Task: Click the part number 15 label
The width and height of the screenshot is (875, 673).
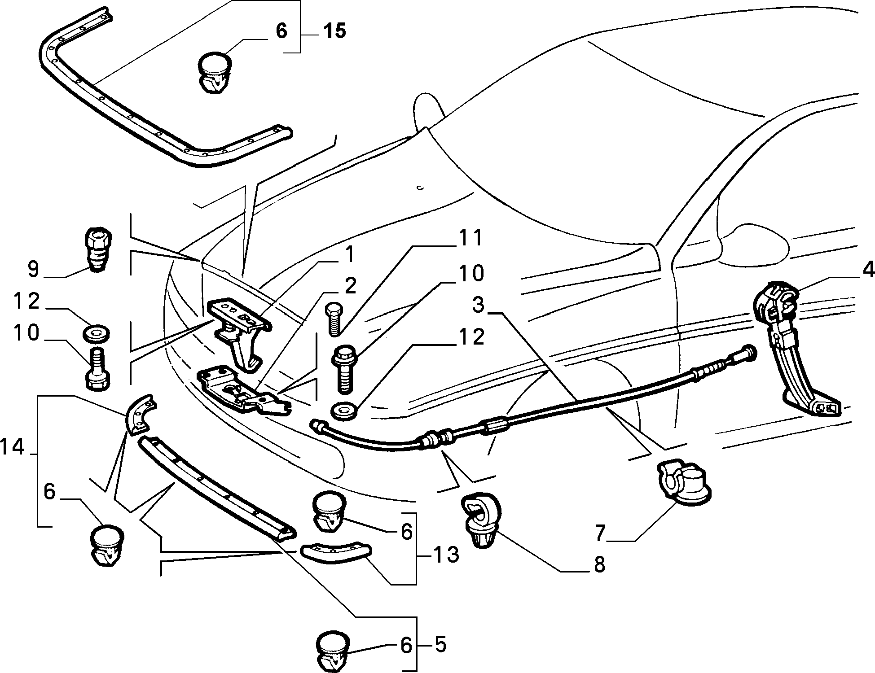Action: pos(334,31)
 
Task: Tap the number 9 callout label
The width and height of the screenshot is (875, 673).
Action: pos(34,269)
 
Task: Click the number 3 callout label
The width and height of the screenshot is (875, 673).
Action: pos(479,305)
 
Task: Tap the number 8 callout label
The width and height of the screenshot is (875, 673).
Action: pos(600,565)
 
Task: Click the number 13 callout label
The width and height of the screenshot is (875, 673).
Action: pos(446,555)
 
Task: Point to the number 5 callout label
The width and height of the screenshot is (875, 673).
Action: pos(440,645)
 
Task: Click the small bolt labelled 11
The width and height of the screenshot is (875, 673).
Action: pos(334,319)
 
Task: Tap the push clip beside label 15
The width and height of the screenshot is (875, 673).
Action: pos(213,73)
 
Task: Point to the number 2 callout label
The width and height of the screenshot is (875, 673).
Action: pos(350,286)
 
